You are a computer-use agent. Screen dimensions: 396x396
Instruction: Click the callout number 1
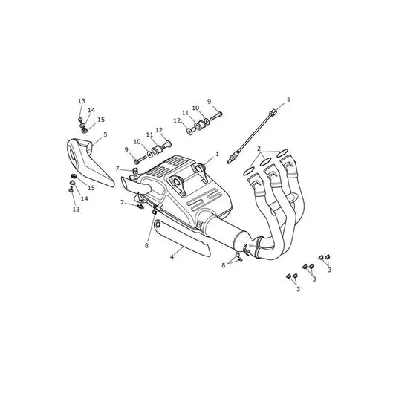[217, 154]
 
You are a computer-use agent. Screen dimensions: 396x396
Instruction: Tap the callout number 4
[172, 257]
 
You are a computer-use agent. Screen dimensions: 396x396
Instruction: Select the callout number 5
[105, 134]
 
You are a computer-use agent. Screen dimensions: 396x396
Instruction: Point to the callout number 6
[289, 100]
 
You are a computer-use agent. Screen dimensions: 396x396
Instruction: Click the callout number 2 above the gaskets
[259, 149]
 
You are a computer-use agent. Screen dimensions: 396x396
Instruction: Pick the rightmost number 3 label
[329, 270]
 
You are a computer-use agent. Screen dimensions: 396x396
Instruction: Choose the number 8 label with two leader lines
[223, 265]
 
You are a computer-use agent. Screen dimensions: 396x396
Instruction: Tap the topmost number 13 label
[82, 101]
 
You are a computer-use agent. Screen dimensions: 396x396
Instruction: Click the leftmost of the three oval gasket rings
[249, 172]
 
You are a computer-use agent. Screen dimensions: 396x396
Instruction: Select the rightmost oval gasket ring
[282, 152]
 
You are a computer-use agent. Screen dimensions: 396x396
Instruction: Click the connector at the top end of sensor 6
[272, 113]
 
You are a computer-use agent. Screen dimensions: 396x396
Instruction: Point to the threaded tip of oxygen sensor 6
[230, 161]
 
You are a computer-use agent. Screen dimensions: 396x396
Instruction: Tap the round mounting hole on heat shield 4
[158, 224]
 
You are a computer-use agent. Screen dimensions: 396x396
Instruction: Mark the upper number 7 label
[117, 168]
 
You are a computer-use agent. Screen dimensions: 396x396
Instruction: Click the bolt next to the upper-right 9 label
[216, 116]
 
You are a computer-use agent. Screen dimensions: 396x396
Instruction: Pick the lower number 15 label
[91, 188]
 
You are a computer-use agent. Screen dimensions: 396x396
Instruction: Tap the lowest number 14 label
[85, 198]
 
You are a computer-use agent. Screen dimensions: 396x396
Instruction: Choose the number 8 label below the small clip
[146, 245]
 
